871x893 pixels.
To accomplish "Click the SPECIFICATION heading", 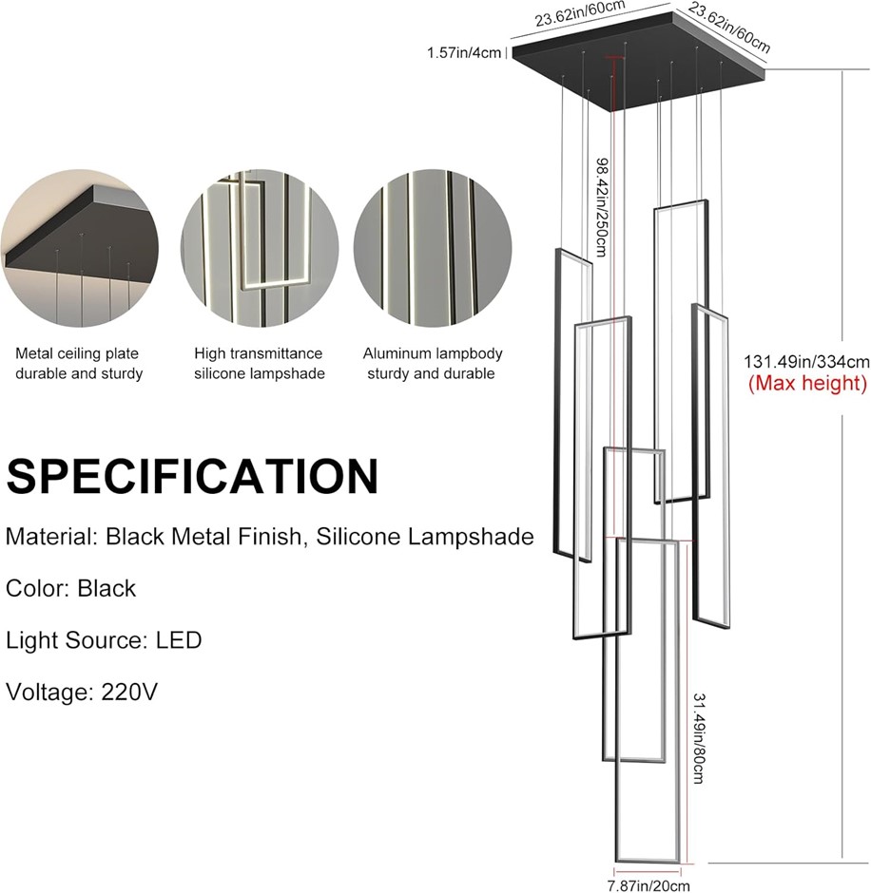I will tap(192, 476).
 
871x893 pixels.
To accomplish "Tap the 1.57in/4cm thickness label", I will tap(464, 52).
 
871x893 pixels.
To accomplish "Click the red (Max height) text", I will tap(807, 384).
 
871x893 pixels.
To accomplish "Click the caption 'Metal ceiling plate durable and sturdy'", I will tap(79, 364).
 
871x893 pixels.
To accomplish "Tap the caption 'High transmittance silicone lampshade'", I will tap(260, 364).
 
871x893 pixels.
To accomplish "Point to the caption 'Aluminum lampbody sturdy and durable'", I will tap(433, 364).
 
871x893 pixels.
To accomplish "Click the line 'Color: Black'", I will tap(71, 588).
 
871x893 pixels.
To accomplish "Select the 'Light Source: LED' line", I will tap(104, 639).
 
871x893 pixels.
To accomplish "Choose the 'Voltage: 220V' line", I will tap(82, 691).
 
